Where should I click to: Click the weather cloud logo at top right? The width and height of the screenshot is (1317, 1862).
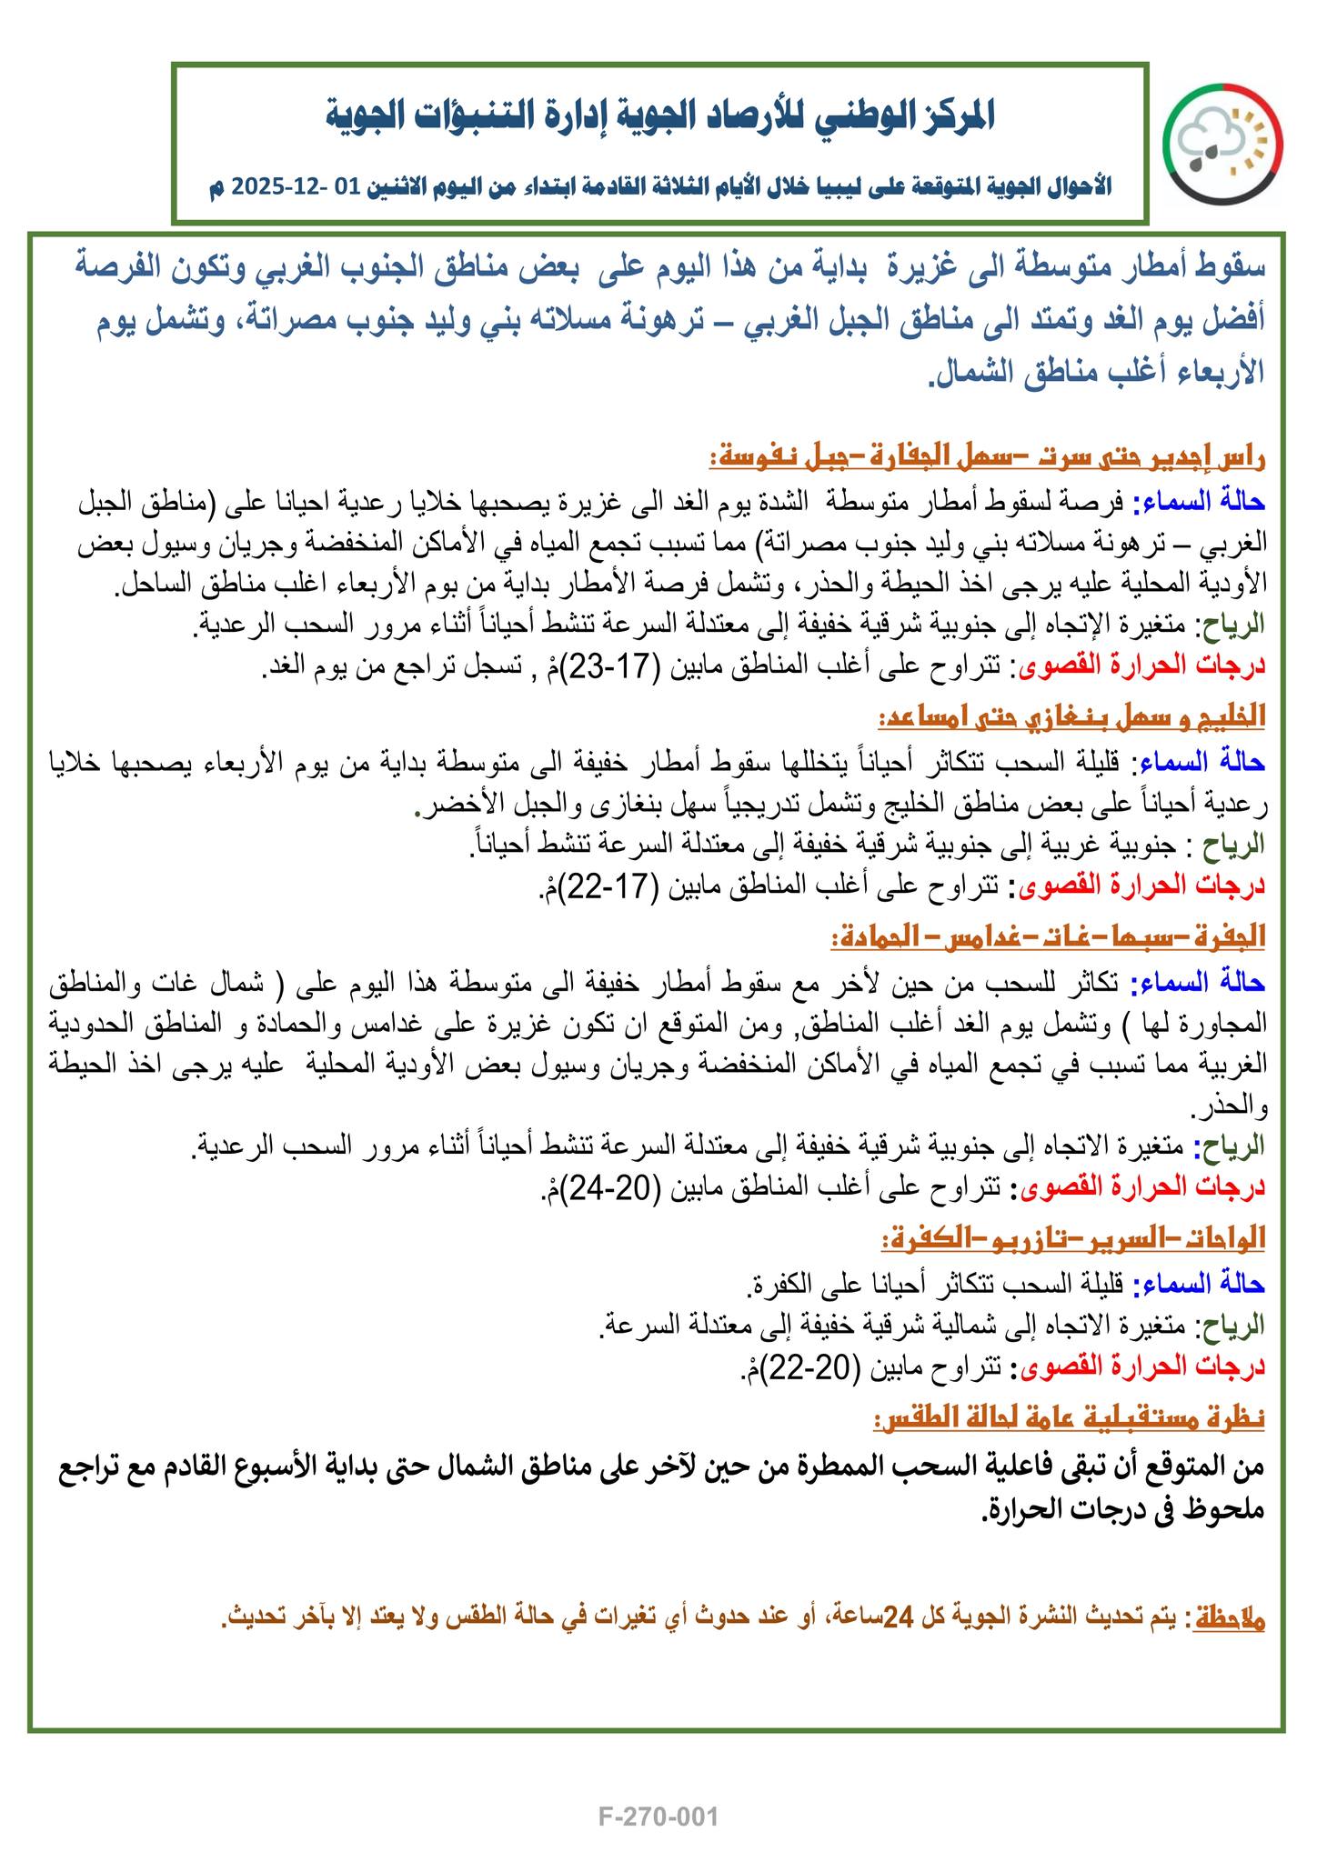(x=1224, y=144)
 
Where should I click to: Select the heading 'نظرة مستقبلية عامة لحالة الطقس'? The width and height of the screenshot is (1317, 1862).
(x=1070, y=1417)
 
